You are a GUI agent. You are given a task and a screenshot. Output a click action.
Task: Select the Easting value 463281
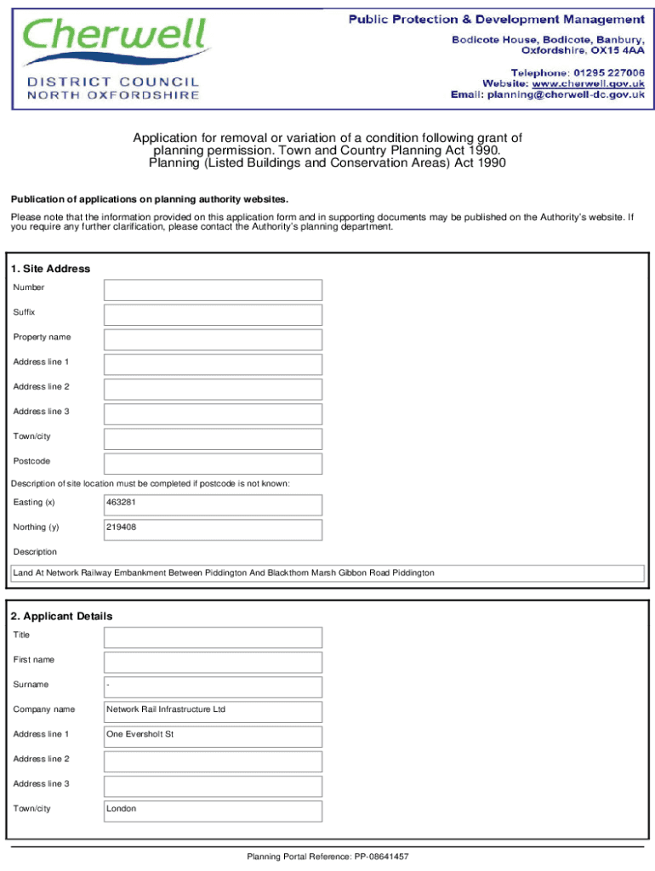point(121,503)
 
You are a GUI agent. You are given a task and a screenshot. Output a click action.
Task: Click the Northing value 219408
point(121,527)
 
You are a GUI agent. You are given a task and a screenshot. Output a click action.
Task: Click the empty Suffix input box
point(213,315)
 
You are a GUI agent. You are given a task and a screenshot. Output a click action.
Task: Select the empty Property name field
point(213,339)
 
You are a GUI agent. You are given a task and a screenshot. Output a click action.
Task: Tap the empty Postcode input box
point(213,464)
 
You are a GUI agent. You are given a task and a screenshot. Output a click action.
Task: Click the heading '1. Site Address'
point(51,269)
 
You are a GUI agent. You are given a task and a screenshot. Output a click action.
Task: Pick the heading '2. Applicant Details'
point(61,616)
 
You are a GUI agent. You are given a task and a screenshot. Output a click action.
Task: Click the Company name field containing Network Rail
point(166,709)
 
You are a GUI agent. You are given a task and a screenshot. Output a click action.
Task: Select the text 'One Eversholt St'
point(140,734)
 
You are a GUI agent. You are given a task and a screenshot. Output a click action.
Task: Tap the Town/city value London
point(121,809)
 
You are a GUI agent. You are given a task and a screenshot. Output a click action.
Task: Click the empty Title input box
point(213,637)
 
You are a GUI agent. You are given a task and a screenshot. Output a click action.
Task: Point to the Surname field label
point(31,685)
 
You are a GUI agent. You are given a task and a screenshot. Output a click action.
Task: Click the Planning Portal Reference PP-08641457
point(327,857)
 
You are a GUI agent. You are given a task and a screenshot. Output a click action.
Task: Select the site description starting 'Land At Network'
point(224,573)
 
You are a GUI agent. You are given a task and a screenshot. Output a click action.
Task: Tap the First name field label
point(35,660)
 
